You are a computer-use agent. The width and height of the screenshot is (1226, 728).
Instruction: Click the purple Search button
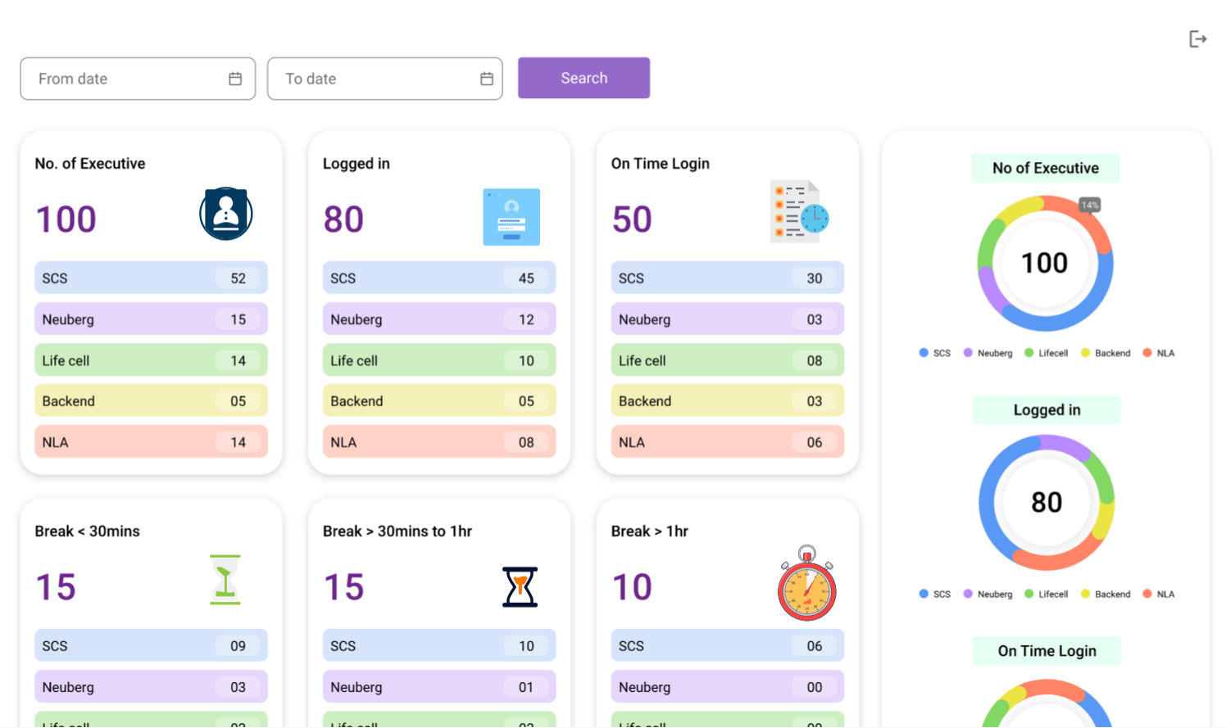[583, 78]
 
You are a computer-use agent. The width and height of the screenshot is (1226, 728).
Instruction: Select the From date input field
[131, 79]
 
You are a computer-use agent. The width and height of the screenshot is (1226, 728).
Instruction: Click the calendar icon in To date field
[487, 79]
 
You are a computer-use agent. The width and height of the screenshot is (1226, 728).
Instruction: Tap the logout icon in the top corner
[1197, 38]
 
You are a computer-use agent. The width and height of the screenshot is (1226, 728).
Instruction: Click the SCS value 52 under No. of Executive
[238, 278]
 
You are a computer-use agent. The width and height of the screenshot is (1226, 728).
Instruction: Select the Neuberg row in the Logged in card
[438, 319]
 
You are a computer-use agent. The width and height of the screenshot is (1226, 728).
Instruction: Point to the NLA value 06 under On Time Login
[814, 442]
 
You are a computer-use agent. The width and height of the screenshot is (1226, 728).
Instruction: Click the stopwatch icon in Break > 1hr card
[807, 585]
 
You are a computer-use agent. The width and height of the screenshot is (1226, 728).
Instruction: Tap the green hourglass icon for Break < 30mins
[225, 580]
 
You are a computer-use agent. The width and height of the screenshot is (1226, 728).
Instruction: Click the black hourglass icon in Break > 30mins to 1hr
[520, 586]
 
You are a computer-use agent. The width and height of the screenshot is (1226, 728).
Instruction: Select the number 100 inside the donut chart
[1044, 263]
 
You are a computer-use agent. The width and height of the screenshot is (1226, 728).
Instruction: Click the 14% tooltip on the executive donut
[1089, 205]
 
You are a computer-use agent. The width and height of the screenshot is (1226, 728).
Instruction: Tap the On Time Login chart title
[1047, 651]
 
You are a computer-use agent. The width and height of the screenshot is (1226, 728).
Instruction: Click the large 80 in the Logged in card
[343, 219]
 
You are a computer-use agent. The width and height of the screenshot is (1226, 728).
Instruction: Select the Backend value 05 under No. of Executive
[238, 401]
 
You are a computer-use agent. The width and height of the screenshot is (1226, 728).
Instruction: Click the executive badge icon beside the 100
[225, 214]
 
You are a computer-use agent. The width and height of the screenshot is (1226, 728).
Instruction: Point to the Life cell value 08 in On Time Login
[814, 360]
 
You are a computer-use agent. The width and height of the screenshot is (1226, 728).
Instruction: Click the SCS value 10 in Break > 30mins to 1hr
[526, 646]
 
